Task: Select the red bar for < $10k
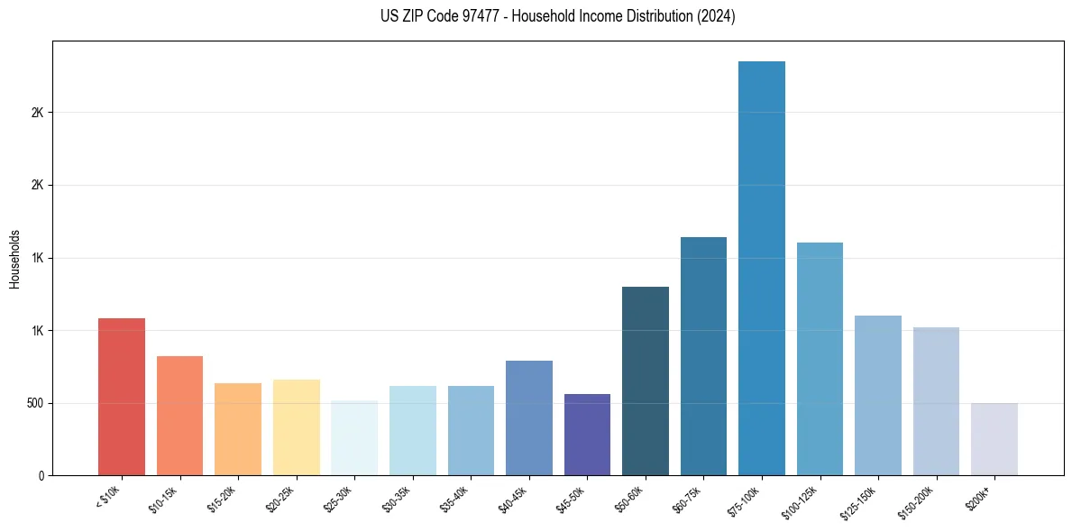122,397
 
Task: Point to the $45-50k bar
587,435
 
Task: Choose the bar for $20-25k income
297,427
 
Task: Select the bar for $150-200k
936,401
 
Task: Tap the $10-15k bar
179,416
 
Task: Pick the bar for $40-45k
529,417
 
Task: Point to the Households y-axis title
15,259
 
